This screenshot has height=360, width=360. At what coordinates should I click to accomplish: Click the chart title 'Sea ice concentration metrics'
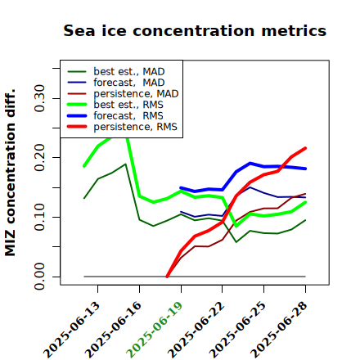pos(195,30)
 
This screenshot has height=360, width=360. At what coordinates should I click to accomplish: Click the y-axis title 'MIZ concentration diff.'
pos(10,173)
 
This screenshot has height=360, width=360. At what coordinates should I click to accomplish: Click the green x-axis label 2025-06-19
pos(155,330)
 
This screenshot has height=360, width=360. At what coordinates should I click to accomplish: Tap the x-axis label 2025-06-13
pos(71,330)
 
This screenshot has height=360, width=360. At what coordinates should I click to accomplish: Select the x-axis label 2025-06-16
pos(113,330)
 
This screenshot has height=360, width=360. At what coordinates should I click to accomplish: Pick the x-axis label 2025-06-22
pos(196,330)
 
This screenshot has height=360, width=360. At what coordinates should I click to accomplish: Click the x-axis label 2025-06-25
pos(237,330)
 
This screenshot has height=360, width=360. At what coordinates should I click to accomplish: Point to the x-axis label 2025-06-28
pos(279,330)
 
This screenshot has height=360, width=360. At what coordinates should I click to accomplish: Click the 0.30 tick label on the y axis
pos(39,98)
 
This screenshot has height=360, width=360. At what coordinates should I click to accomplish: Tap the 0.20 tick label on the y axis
pos(39,158)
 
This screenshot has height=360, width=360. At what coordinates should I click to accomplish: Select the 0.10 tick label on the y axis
pos(39,217)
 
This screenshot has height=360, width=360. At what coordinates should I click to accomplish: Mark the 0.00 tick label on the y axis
pos(39,277)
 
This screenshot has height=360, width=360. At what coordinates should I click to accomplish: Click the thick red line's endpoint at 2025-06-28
pos(305,148)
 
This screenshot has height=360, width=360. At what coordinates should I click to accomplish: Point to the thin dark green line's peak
pos(125,164)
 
